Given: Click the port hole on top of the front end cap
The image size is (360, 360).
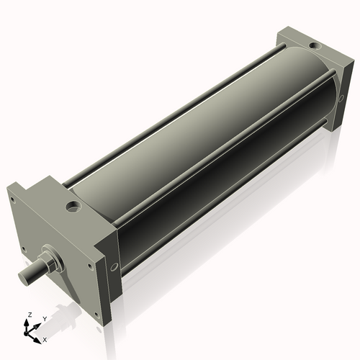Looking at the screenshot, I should click(x=73, y=209).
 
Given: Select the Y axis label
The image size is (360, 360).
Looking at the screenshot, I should click(x=45, y=318).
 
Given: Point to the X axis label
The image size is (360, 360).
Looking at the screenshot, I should click(x=45, y=338).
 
